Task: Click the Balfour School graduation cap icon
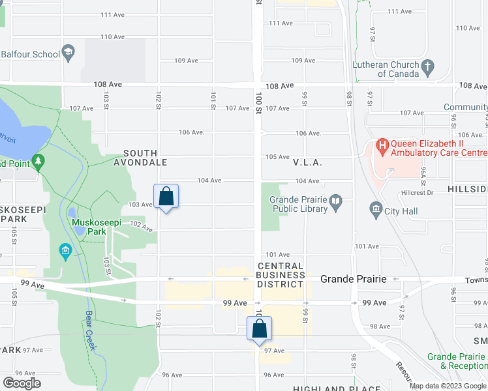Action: coord(69,53)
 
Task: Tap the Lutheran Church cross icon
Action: coord(427,66)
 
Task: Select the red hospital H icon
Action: coord(382,145)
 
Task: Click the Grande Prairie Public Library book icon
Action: coord(336,204)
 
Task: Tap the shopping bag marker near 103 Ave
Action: coord(166,197)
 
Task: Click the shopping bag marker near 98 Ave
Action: coord(259,329)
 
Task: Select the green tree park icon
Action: coord(38,162)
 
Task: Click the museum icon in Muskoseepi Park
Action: coord(65,251)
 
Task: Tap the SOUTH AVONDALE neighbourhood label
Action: coord(141,157)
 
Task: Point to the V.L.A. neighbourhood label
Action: coord(309,162)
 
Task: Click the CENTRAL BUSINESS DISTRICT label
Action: coord(281,275)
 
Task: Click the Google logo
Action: coord(22,383)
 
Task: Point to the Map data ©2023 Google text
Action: coord(448,386)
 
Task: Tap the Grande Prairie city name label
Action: coord(353,279)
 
